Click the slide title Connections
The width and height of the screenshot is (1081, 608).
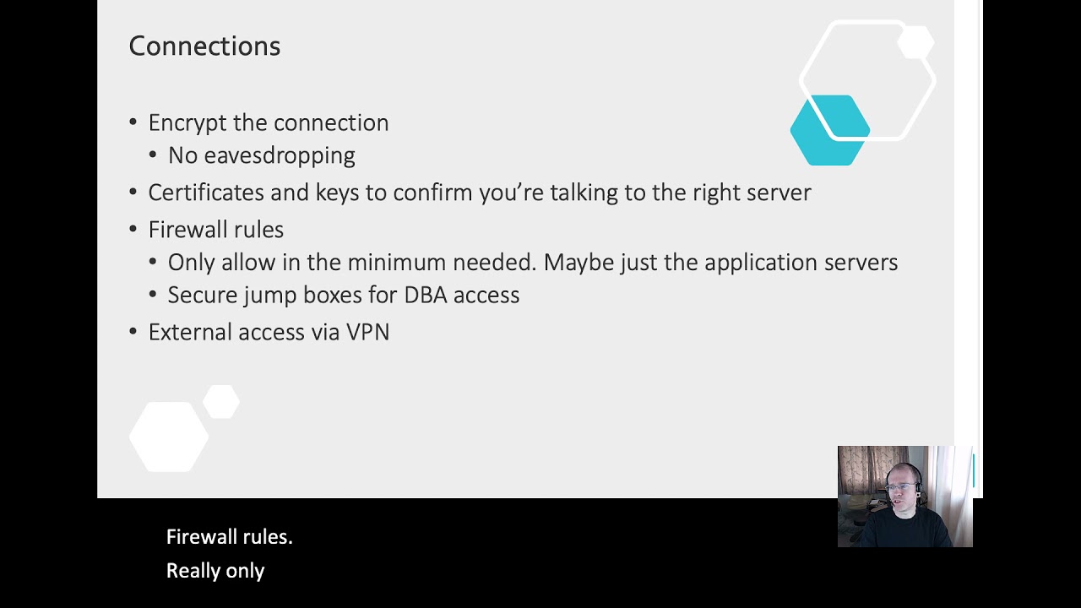pos(204,46)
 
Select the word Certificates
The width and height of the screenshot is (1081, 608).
pos(206,193)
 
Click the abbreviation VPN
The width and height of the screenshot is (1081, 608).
pos(367,332)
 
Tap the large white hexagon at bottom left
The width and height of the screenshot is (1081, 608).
pos(169,437)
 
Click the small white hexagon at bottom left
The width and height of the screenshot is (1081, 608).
pos(221,402)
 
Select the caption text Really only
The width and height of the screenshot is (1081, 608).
pos(215,571)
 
